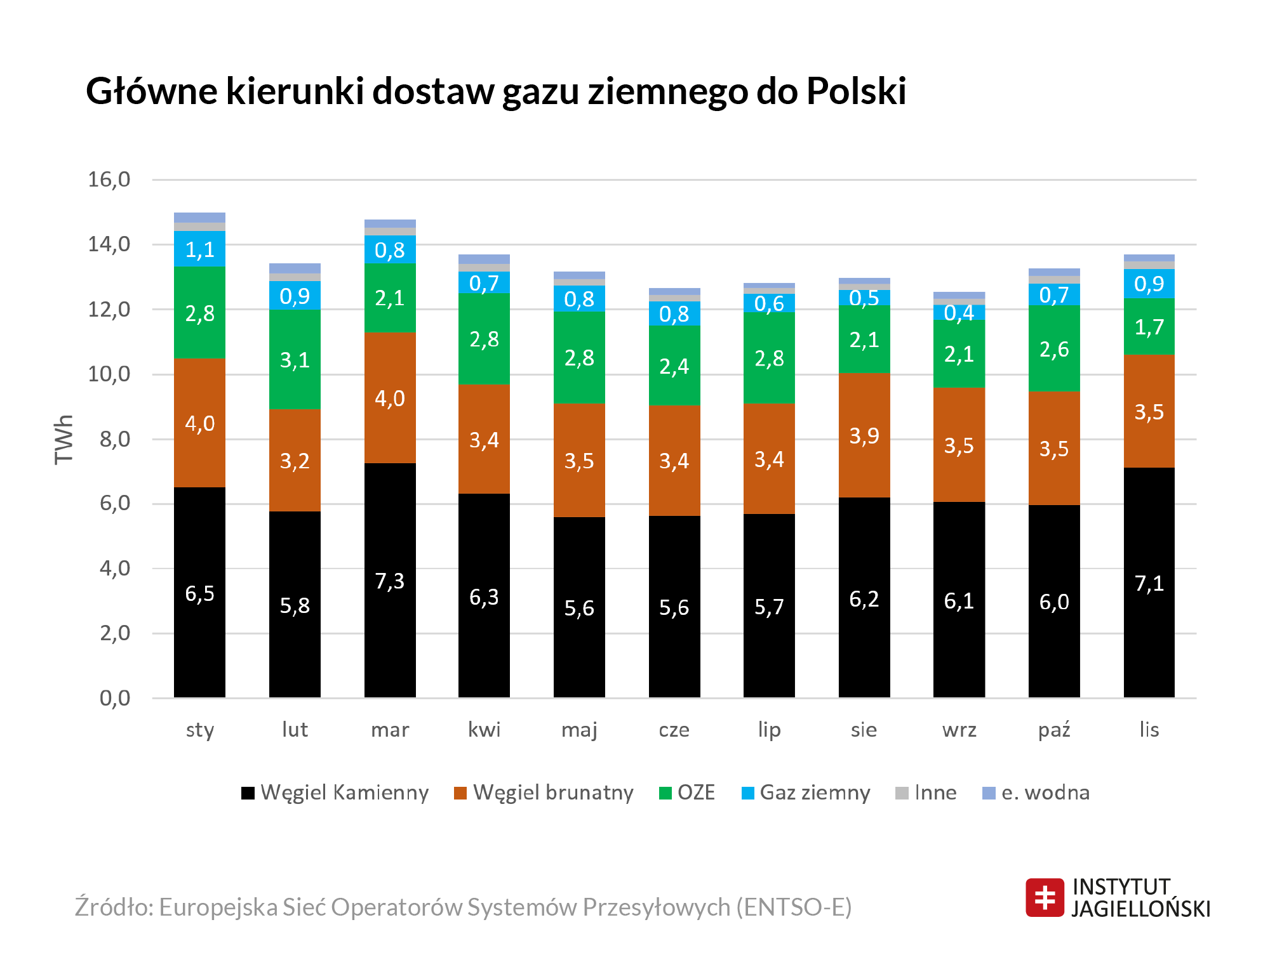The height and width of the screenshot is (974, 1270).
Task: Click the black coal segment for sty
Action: [x=199, y=593]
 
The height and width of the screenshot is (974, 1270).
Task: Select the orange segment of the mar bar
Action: [x=390, y=398]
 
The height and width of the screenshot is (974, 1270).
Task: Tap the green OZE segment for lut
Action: [x=295, y=360]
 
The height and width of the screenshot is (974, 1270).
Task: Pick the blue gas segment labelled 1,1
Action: [x=199, y=249]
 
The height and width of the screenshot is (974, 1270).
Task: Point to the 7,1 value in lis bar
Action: [x=1149, y=583]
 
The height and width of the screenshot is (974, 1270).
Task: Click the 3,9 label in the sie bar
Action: [x=864, y=436]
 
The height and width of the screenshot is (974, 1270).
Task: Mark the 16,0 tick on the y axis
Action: [x=109, y=180]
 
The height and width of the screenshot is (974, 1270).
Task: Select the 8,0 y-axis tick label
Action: [x=115, y=439]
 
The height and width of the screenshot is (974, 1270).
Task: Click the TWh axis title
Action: [x=64, y=439]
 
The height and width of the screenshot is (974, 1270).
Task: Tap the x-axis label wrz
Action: [x=959, y=730]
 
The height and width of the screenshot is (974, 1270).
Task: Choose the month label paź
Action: [x=1054, y=730]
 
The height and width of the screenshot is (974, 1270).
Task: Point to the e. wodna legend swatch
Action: [x=989, y=793]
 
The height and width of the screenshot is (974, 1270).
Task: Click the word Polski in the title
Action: [x=856, y=91]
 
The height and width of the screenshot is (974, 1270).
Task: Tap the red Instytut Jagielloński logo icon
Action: [x=1045, y=897]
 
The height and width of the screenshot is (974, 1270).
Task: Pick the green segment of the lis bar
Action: [x=1149, y=327]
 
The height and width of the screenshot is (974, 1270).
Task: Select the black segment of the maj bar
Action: [x=579, y=607]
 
